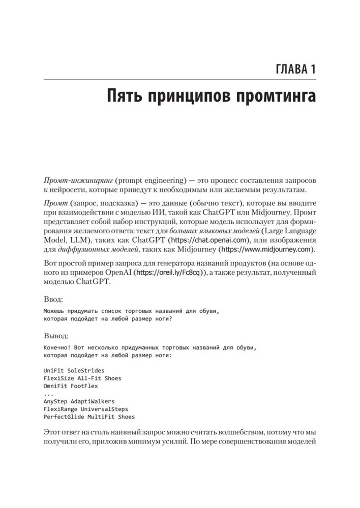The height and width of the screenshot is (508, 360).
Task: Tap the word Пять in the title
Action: [x=121, y=97]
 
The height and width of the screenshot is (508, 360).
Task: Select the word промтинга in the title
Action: [x=267, y=97]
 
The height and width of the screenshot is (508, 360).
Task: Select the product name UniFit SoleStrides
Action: [x=74, y=370]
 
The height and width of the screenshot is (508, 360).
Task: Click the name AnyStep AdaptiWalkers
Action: [x=79, y=401]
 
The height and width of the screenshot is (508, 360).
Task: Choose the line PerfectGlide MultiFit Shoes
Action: [x=89, y=417]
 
